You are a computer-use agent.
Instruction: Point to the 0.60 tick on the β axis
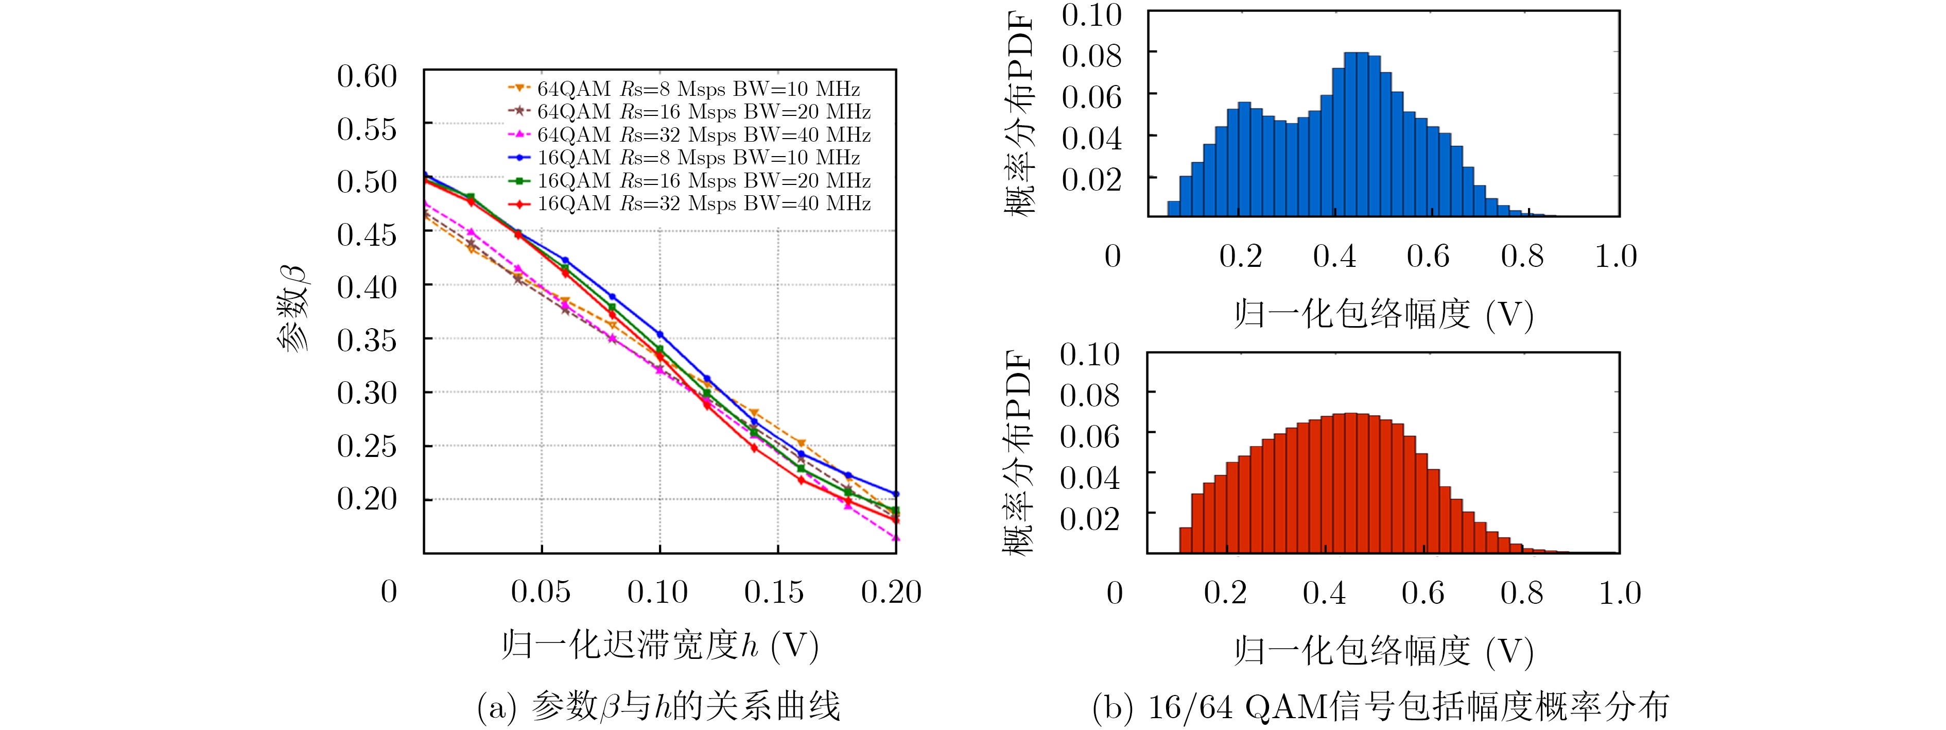tap(367, 76)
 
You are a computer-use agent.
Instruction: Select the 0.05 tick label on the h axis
tap(541, 592)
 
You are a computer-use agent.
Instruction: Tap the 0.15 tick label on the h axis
tap(774, 592)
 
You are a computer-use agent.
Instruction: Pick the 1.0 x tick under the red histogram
tap(1620, 593)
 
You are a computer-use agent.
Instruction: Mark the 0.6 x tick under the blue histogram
tap(1428, 257)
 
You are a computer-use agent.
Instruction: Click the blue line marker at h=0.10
tap(659, 334)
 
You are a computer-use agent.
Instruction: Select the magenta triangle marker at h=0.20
tap(896, 538)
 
